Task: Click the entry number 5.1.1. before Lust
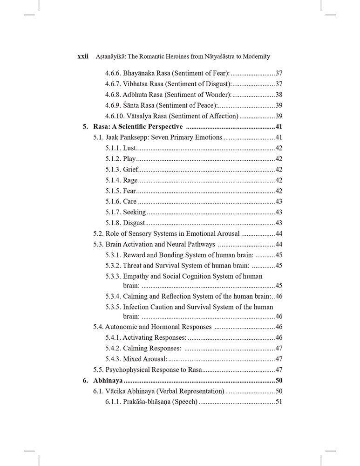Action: click(113, 148)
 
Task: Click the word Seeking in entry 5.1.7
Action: click(134, 212)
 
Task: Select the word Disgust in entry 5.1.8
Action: click(134, 223)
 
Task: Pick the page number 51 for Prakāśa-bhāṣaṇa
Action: click(279, 402)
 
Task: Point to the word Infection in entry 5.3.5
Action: click(138, 307)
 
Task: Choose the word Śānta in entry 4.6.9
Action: click(132, 105)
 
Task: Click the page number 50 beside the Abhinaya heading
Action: click(279, 380)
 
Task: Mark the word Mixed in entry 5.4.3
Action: click(132, 359)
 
